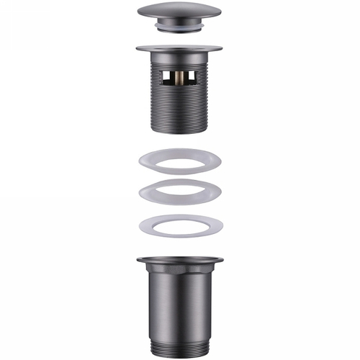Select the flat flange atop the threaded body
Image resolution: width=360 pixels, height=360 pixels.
(179, 50)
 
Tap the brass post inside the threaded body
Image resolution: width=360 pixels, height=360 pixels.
(179, 78)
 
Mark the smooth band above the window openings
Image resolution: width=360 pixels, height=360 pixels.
(179, 60)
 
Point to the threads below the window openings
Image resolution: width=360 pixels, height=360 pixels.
(179, 108)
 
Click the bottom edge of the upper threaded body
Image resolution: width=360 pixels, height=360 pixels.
(179, 131)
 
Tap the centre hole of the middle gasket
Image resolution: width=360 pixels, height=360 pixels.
(179, 193)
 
